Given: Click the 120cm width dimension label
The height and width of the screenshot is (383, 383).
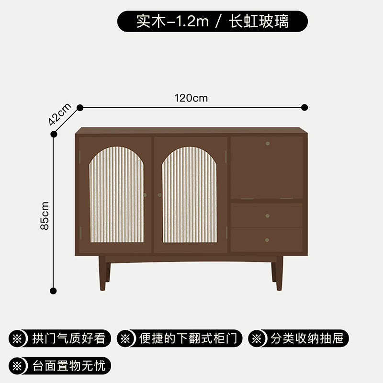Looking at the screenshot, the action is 191,98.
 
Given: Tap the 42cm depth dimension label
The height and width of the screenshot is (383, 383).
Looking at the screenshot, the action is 60,114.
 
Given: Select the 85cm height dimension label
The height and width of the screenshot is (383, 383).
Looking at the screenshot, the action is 45,215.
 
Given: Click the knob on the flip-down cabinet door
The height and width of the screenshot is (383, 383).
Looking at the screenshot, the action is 267,143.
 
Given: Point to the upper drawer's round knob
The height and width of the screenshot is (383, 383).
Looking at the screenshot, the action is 267,215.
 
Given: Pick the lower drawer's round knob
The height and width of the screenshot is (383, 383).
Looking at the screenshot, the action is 267,240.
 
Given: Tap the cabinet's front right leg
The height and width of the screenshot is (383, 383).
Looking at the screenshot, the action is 279,273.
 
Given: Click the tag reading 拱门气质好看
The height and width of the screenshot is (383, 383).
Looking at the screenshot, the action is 60,339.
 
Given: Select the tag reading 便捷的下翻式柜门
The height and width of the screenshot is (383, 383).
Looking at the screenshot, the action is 180,339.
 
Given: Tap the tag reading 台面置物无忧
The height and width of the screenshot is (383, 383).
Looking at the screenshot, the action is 60,366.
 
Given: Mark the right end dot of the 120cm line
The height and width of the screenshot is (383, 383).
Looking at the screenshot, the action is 305,108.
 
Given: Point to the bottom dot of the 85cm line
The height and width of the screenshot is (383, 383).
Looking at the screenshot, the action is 54,290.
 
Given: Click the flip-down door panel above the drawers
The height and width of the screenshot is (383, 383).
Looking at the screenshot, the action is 267,168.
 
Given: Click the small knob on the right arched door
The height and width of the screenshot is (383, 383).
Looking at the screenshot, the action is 159,195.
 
